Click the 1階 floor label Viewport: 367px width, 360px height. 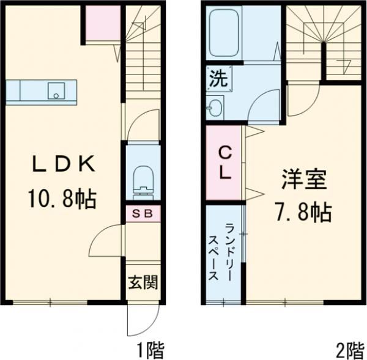pyautogui.click(x=150, y=350)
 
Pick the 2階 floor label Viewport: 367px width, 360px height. pyautogui.click(x=350, y=350)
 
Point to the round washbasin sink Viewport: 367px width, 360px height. pyautogui.click(x=214, y=109)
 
